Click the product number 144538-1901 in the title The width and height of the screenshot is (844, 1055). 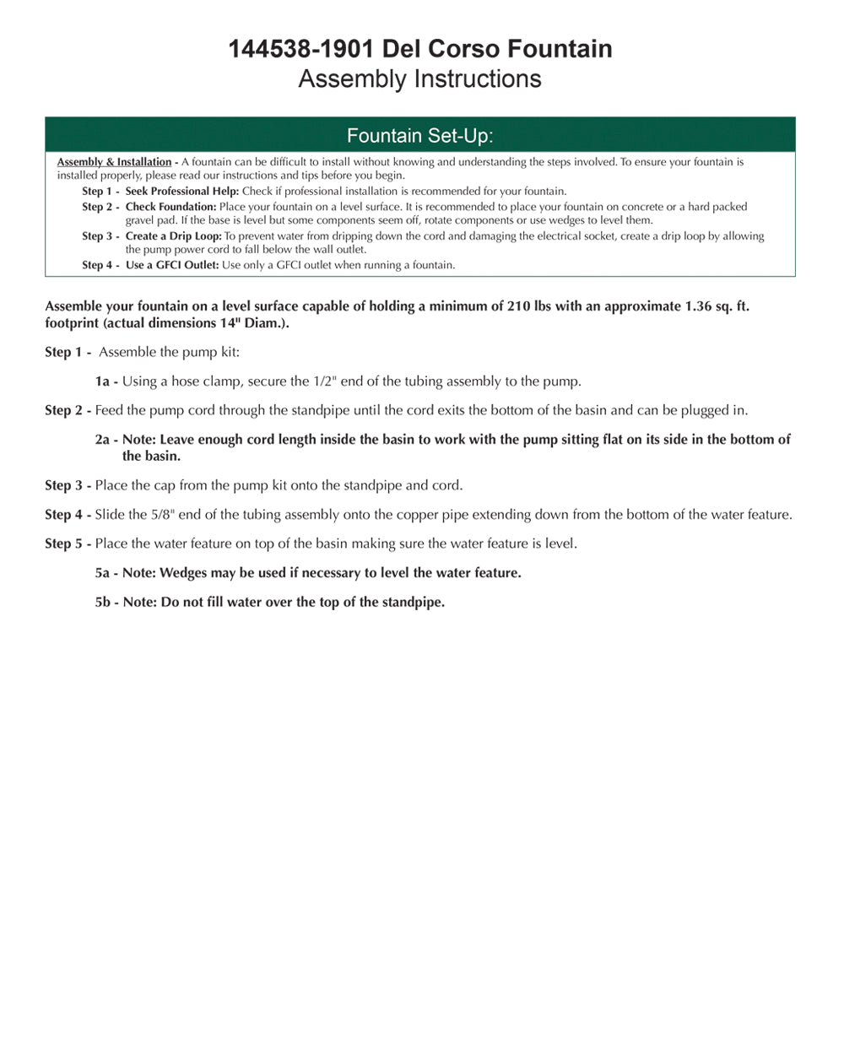[x=300, y=49]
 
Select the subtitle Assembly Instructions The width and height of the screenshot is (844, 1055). [x=419, y=79]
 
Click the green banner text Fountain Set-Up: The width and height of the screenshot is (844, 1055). [x=419, y=136]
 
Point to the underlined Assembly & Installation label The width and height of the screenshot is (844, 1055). [x=114, y=162]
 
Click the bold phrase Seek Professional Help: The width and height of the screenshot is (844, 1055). [x=182, y=192]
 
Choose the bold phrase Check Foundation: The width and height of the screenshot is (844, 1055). [x=170, y=207]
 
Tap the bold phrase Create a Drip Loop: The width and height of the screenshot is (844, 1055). [x=173, y=236]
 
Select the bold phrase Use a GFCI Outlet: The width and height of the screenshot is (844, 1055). [x=172, y=265]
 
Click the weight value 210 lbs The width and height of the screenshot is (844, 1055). [x=529, y=306]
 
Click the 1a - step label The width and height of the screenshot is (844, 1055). [x=106, y=381]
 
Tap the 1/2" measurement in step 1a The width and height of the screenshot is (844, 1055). [x=325, y=381]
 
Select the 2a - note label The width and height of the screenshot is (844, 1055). [x=106, y=440]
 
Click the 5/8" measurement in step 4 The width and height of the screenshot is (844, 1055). [x=160, y=515]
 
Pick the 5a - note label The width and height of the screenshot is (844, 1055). [x=106, y=573]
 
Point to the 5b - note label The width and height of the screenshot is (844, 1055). [x=106, y=603]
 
